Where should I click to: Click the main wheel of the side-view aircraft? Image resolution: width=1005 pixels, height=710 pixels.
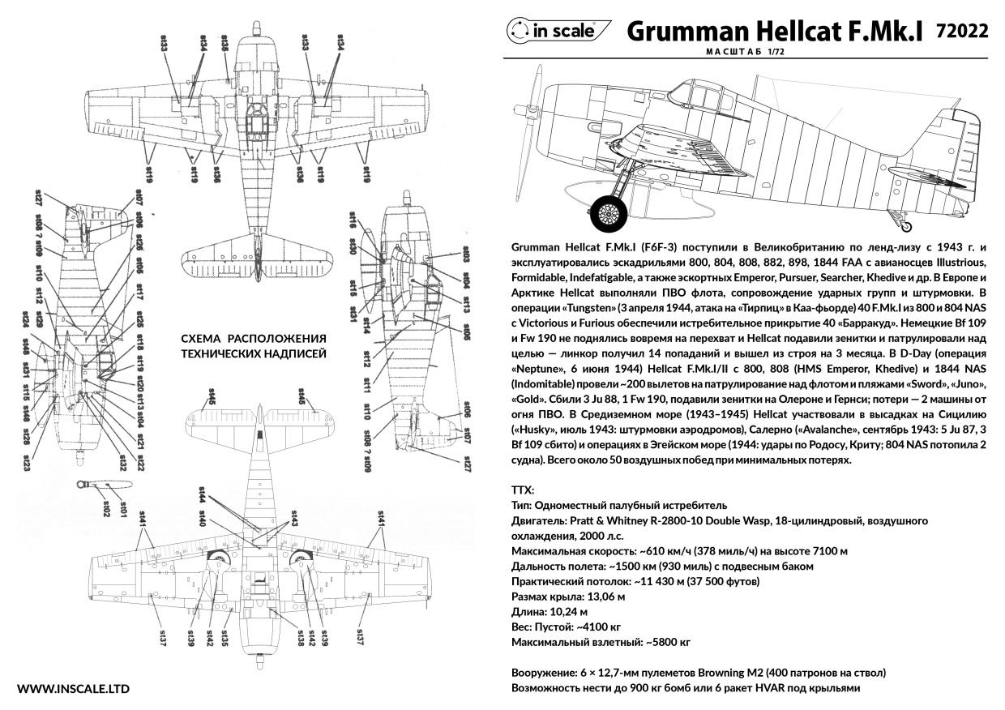(609, 212)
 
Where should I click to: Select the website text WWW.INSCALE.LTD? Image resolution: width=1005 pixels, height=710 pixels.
(73, 689)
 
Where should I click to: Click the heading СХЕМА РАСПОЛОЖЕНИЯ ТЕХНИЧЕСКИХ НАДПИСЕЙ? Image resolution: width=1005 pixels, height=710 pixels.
(253, 346)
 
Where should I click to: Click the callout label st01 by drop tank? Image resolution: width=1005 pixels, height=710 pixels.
(123, 508)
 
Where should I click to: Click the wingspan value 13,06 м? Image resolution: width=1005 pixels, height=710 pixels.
(607, 597)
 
